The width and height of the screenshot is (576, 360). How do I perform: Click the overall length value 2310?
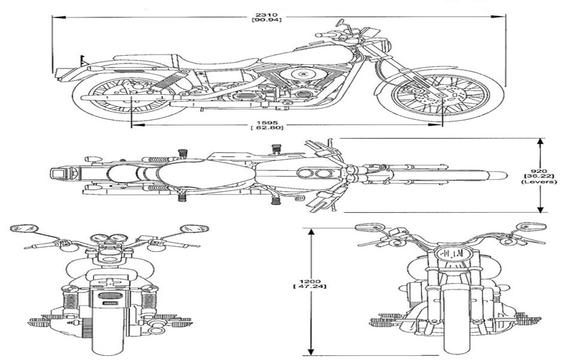(267, 15)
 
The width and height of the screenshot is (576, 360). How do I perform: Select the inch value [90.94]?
(267, 20)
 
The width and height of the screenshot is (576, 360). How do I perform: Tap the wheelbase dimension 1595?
(267, 123)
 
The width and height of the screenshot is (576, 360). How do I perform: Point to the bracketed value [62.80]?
(267, 128)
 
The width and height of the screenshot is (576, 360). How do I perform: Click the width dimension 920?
(539, 171)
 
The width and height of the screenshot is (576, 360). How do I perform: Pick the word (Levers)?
(539, 181)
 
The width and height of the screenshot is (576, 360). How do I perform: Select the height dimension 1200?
(310, 281)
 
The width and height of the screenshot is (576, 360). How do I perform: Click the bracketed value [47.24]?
(310, 286)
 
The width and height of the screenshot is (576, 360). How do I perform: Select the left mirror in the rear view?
(24, 228)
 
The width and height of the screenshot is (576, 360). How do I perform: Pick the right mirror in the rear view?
(194, 229)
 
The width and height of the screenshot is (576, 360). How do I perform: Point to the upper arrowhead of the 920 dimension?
(540, 142)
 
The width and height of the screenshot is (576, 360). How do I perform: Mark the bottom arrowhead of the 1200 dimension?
(311, 351)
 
